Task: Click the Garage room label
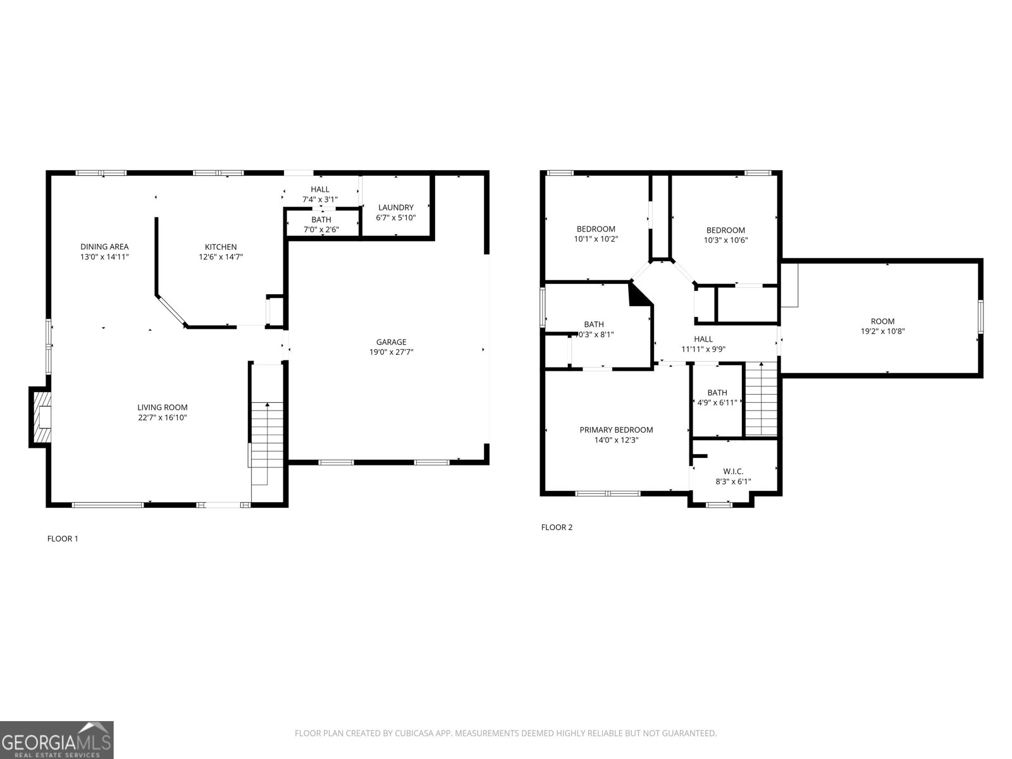(392, 342)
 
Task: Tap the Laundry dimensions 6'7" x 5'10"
(396, 218)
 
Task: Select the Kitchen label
(221, 247)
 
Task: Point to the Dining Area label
(104, 247)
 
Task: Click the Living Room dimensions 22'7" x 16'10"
(163, 417)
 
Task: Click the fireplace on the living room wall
(40, 417)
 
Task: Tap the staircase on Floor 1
(267, 436)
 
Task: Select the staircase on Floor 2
(760, 398)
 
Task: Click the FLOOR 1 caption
(63, 539)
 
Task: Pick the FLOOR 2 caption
(557, 527)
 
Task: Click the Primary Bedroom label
(616, 430)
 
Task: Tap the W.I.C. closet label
(733, 471)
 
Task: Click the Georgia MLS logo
(57, 739)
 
